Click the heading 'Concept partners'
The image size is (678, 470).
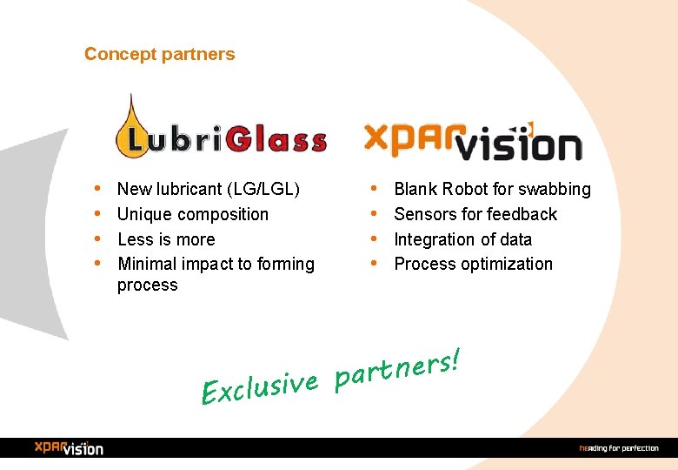pyautogui.click(x=159, y=54)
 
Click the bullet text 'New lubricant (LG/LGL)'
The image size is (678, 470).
pyautogui.click(x=209, y=189)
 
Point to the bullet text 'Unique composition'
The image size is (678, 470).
pyautogui.click(x=193, y=214)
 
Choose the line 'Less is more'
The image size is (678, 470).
pyautogui.click(x=166, y=239)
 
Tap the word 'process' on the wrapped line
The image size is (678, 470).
pyautogui.click(x=147, y=285)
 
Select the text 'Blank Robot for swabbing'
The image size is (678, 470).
pyautogui.click(x=492, y=189)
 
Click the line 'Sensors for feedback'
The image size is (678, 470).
pyautogui.click(x=475, y=214)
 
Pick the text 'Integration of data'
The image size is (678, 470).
pyautogui.click(x=463, y=239)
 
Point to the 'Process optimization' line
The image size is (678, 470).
pyautogui.click(x=474, y=264)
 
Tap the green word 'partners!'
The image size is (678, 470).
pyautogui.click(x=396, y=368)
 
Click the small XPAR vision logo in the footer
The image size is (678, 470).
pyautogui.click(x=69, y=447)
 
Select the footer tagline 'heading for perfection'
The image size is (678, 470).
pyautogui.click(x=619, y=448)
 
